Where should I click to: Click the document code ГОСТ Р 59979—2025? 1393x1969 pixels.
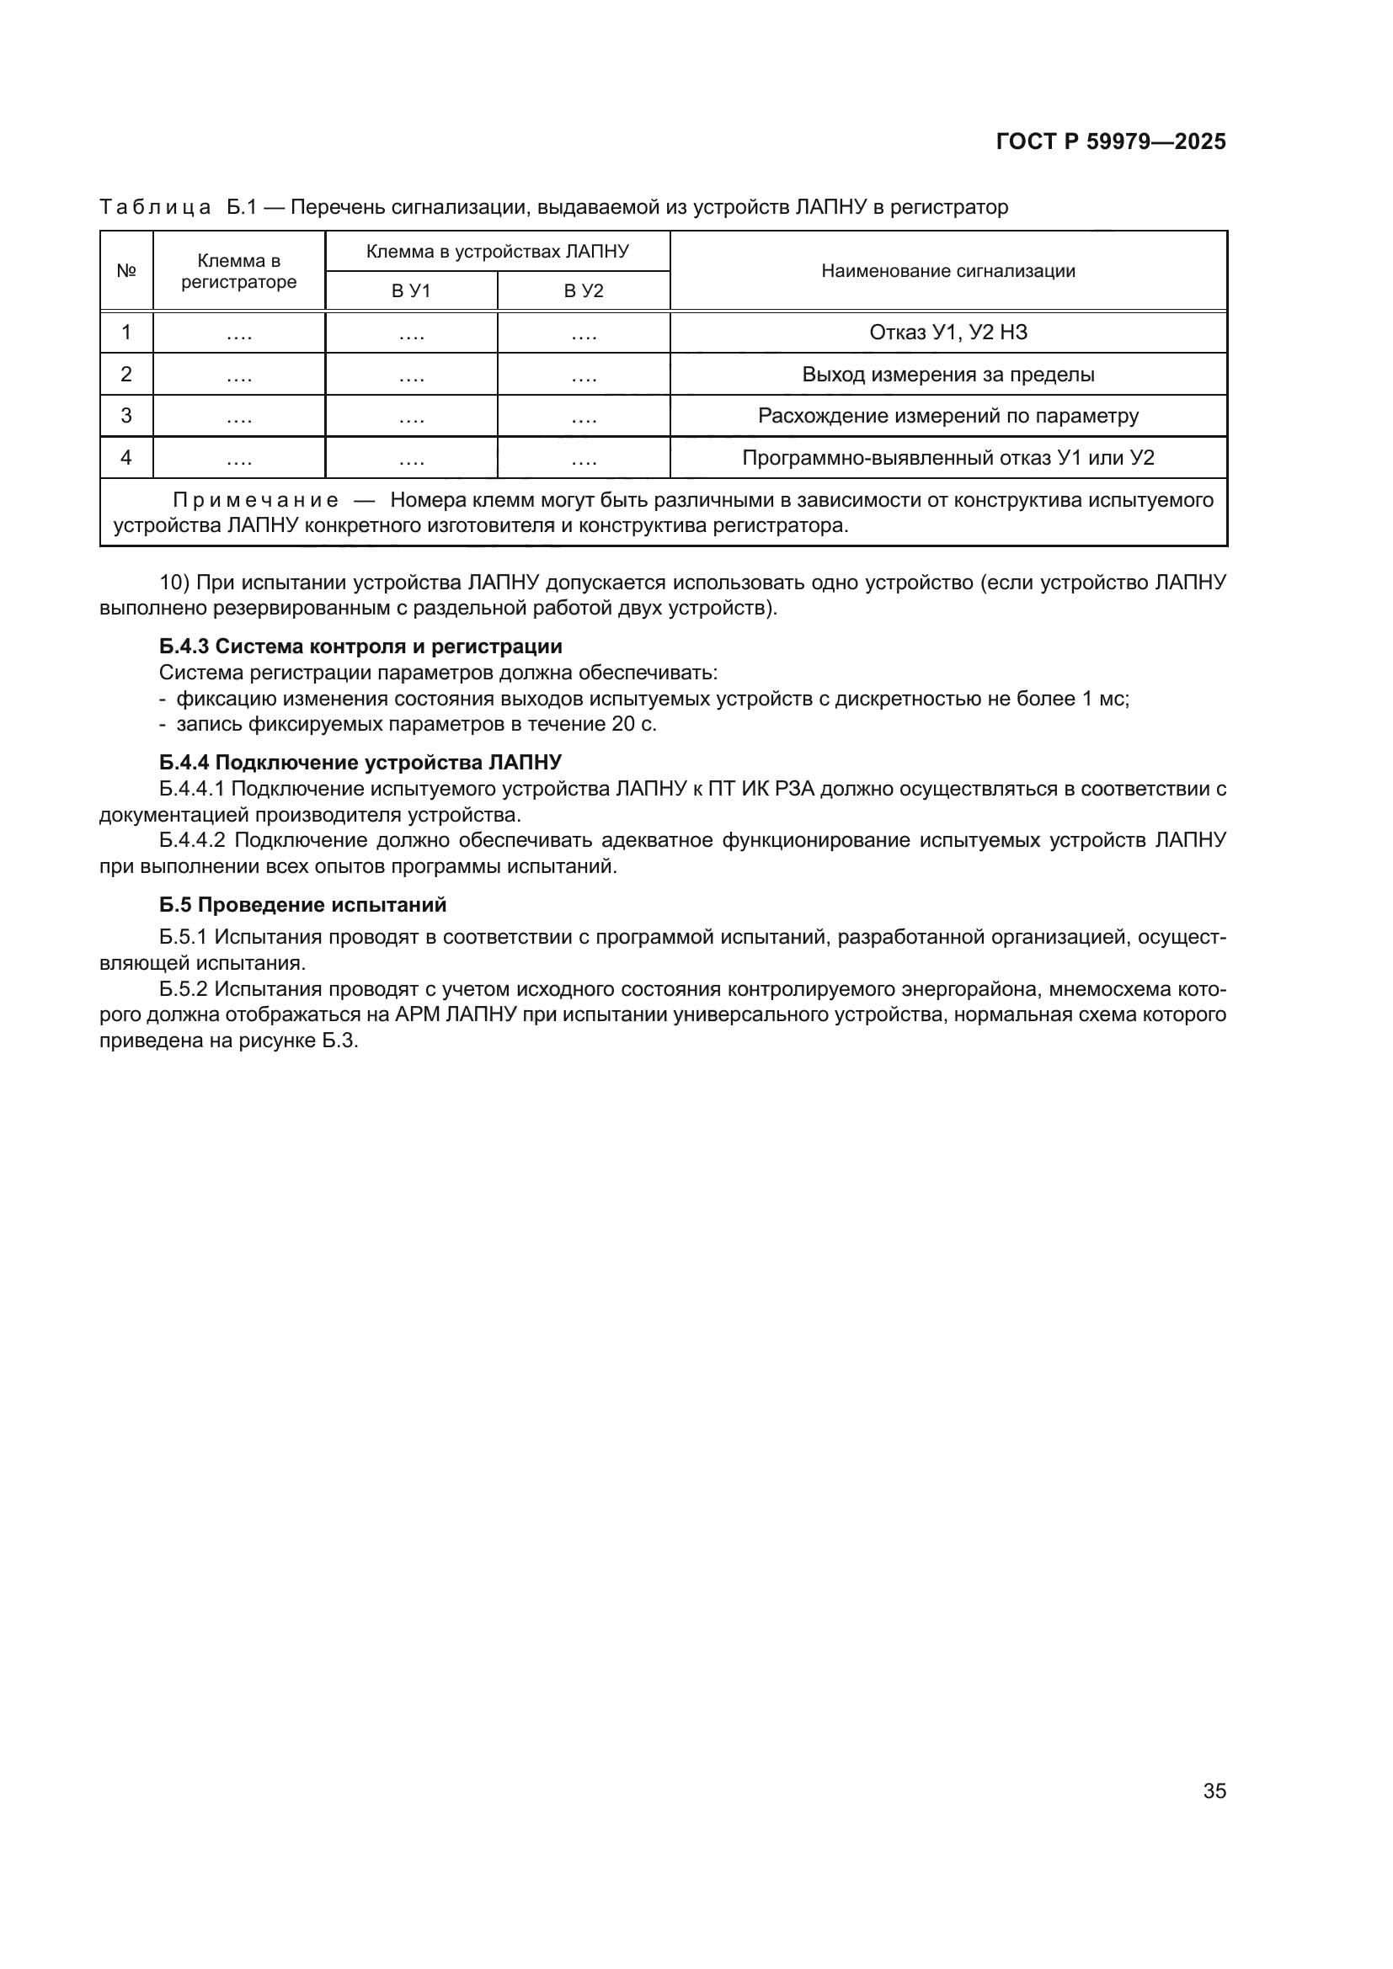click(1111, 141)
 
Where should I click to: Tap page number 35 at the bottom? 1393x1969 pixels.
click(1214, 1791)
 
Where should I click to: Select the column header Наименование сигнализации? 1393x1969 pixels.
click(947, 271)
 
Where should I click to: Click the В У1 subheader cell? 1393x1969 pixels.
click(411, 290)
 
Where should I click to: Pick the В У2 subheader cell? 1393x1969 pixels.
click(584, 290)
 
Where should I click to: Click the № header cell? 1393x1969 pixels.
click(127, 271)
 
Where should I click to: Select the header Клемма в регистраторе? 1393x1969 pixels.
click(238, 271)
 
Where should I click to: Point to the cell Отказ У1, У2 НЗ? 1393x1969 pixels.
click(947, 333)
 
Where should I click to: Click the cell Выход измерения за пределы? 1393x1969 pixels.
click(947, 375)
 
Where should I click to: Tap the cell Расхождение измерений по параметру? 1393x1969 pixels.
click(947, 416)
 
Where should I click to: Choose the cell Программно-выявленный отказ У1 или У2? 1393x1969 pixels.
click(947, 458)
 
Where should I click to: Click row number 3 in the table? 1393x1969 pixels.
click(127, 416)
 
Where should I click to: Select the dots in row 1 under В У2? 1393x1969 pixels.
click(584, 335)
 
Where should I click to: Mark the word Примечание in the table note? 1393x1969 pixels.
click(256, 500)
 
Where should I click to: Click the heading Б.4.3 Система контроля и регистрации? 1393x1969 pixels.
click(360, 647)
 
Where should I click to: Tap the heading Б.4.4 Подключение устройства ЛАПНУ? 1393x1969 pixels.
click(360, 763)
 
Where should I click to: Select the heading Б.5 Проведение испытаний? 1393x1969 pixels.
click(303, 905)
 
